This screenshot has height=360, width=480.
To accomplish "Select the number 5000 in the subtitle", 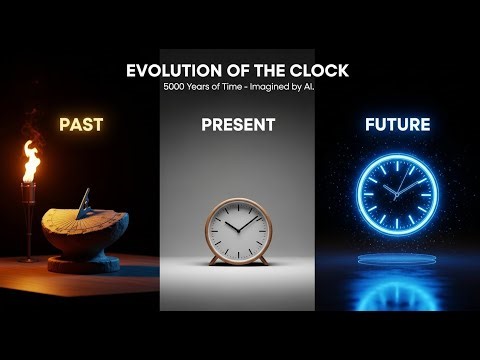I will [176, 86].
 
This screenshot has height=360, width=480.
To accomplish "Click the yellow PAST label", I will [81, 125].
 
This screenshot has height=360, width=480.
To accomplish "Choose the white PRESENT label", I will [238, 125].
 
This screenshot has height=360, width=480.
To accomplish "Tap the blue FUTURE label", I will [397, 125].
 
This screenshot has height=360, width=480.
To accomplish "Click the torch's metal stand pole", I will [29, 225].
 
